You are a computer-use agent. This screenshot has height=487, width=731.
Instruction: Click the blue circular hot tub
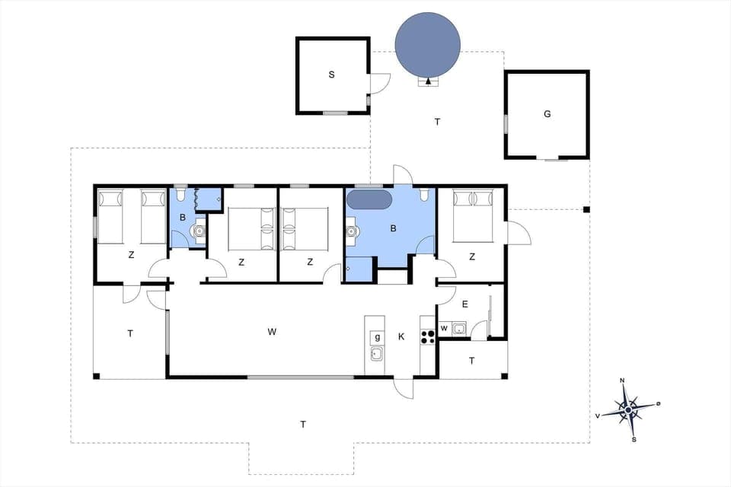tap(427, 44)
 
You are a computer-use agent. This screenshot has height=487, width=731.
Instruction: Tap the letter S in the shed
tap(331, 75)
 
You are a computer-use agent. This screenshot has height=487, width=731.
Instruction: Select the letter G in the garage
tap(547, 114)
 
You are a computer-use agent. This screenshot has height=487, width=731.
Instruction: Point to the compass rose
tap(627, 409)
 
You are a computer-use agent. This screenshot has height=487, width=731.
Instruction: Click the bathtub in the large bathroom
tap(369, 201)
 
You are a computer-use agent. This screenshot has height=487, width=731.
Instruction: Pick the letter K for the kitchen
tap(401, 336)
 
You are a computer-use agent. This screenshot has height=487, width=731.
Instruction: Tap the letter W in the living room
tap(272, 332)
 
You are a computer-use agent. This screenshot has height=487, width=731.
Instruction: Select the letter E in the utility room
tap(464, 304)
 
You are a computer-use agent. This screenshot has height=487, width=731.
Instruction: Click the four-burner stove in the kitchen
tap(427, 336)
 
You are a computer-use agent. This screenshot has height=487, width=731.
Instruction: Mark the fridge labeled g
tap(376, 336)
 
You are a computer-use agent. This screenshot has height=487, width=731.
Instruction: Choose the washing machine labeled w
tap(444, 329)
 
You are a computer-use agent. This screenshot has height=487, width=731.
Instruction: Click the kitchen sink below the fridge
tap(376, 353)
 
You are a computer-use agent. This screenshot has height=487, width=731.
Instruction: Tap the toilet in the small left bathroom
tap(180, 194)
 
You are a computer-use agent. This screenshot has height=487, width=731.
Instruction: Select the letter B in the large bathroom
tap(394, 228)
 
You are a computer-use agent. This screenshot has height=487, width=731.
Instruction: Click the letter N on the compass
tap(622, 380)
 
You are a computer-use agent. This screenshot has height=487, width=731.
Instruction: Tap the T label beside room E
tap(471, 361)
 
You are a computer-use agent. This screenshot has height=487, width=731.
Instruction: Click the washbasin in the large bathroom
tap(351, 230)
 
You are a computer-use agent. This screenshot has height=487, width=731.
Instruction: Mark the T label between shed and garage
tap(437, 122)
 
